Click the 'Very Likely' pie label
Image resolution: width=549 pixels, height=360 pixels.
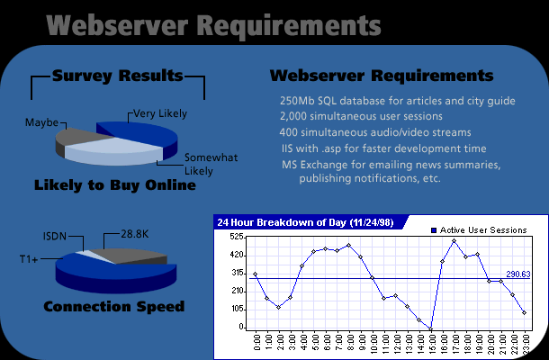click(x=160, y=113)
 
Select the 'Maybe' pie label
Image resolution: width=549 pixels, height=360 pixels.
click(x=41, y=122)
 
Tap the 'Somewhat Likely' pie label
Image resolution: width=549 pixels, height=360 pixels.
click(x=211, y=164)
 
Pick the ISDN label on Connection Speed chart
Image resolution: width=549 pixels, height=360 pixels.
click(x=55, y=237)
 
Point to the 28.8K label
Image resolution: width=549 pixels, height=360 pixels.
click(x=135, y=234)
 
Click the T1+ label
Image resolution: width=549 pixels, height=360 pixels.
click(x=29, y=259)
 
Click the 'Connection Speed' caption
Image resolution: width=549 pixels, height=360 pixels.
click(x=113, y=306)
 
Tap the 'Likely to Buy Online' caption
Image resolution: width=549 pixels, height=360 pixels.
click(x=115, y=185)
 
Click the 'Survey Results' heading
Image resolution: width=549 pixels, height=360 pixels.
click(x=118, y=76)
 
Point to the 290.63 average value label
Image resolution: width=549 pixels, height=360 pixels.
click(x=518, y=274)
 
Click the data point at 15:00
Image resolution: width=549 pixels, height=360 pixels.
click(x=431, y=329)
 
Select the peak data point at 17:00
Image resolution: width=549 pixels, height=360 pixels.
click(x=454, y=241)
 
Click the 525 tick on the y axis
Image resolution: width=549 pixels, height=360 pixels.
click(x=237, y=237)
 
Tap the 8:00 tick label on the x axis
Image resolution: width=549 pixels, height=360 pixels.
click(x=350, y=342)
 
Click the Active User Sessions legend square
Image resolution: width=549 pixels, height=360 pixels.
click(x=434, y=230)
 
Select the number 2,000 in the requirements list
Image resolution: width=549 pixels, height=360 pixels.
click(x=293, y=116)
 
